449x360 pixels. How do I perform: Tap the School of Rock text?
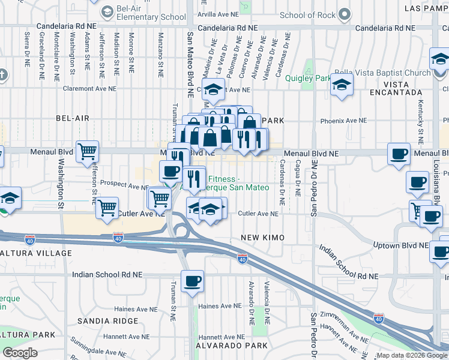pos(309,15)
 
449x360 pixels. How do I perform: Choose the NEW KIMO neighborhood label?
pos(262,238)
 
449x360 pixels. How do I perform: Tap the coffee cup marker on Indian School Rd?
pos(192,281)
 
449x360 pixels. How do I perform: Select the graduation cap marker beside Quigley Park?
pos(342,85)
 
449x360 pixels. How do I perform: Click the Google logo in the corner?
pos(20,353)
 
